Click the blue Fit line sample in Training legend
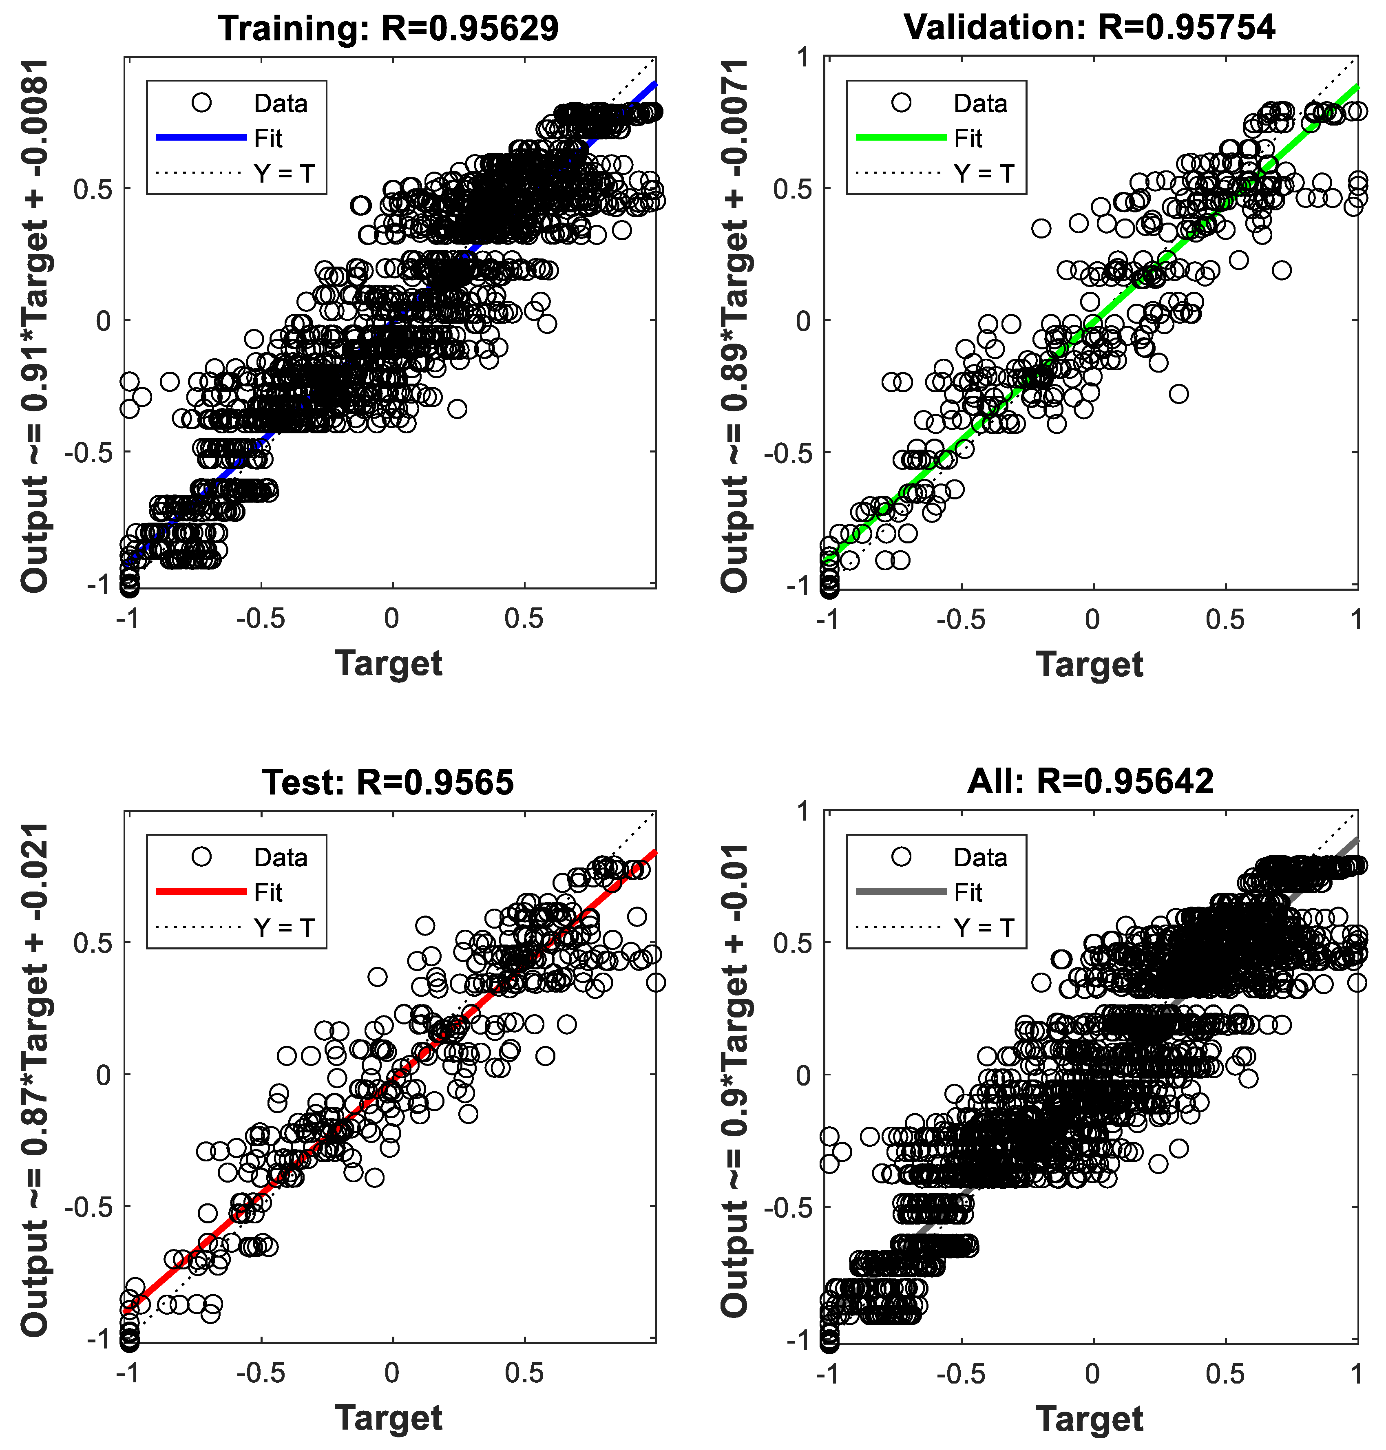point(201,137)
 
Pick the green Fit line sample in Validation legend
point(901,137)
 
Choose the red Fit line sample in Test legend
point(201,892)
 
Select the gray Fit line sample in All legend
point(901,892)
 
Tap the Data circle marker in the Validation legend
point(901,103)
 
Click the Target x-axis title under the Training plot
point(389,662)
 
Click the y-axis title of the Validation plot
point(735,325)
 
